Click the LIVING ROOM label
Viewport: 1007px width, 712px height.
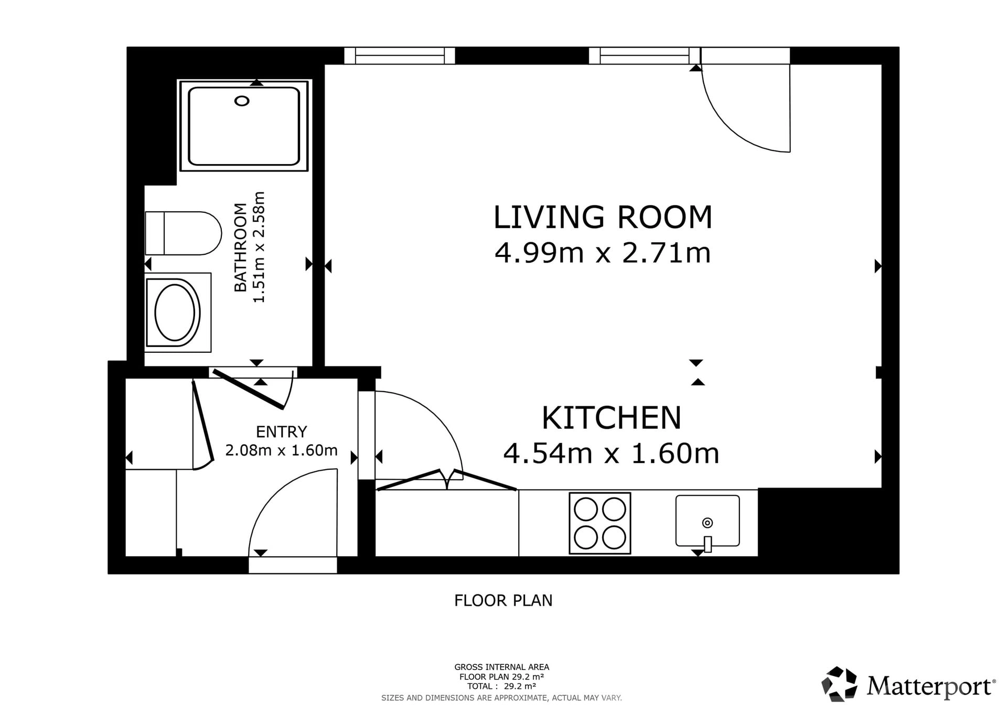click(x=603, y=217)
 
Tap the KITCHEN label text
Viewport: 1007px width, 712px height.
click(x=612, y=418)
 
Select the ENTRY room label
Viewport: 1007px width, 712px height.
click(x=281, y=431)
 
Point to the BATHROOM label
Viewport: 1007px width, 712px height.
click(x=240, y=247)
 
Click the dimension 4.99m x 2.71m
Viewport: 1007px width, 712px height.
click(x=603, y=253)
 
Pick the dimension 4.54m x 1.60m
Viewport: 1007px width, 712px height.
click(x=611, y=454)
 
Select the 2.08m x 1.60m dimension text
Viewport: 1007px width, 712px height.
click(x=281, y=450)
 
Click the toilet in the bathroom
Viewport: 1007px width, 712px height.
click(x=183, y=233)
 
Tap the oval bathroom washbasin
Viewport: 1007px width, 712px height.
click(x=175, y=313)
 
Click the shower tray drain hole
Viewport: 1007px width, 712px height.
click(x=242, y=101)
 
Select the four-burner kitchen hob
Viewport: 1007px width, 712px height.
click(x=600, y=523)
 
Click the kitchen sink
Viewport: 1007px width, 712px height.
click(x=708, y=521)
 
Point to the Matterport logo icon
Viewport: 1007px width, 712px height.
click(x=839, y=684)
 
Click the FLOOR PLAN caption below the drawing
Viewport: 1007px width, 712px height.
click(x=504, y=600)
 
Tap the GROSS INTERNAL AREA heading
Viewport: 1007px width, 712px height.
click(x=502, y=667)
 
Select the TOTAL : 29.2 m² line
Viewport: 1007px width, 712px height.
click(x=502, y=686)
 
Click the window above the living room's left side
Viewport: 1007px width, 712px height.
click(x=400, y=56)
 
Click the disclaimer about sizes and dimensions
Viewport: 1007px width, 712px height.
click(x=501, y=698)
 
